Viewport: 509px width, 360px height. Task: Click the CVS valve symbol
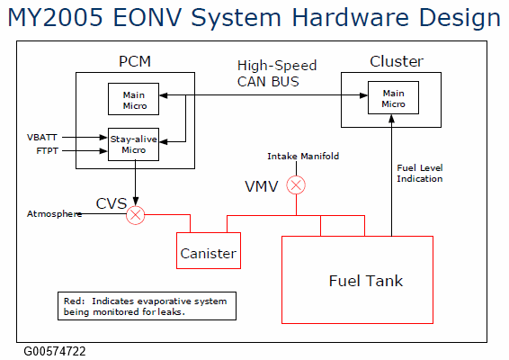tap(136, 215)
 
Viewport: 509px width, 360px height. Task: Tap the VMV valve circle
tap(296, 185)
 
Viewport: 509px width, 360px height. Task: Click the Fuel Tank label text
tap(366, 281)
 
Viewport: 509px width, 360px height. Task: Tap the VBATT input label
tap(42, 138)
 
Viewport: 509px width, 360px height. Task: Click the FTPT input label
tap(48, 151)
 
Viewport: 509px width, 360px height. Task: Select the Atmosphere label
tap(54, 214)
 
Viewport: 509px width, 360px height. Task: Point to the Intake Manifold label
tap(303, 157)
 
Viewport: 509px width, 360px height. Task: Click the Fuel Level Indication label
tap(420, 173)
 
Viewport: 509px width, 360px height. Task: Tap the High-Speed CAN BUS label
tap(277, 74)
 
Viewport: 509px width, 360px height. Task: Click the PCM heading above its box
tap(135, 61)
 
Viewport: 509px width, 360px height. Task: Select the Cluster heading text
tap(397, 61)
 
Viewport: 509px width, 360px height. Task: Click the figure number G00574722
tap(55, 352)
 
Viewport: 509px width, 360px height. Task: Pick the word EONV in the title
tap(147, 17)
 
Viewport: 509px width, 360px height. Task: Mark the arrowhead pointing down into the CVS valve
tap(136, 201)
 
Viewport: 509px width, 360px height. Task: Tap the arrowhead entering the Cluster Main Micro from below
tap(392, 119)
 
